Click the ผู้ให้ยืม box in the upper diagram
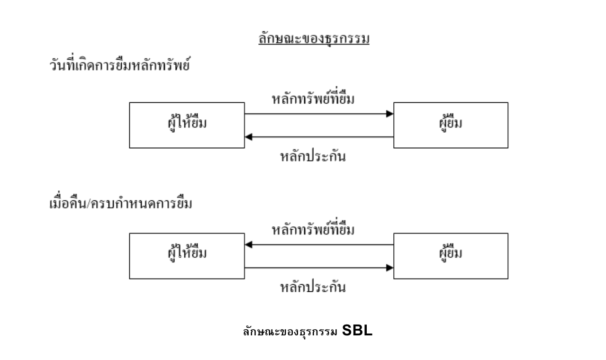187,125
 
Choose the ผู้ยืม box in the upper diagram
451,125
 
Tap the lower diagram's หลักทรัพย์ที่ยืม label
314,231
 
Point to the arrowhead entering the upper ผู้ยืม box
390,114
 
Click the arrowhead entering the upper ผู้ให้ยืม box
248,137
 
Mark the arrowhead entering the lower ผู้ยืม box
390,268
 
